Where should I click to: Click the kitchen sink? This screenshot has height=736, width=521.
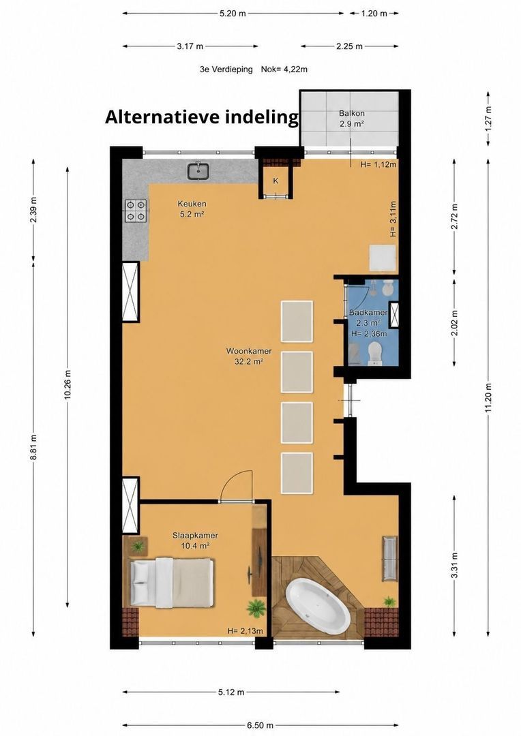[x=198, y=171]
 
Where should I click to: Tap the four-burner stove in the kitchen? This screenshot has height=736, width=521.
[x=136, y=211]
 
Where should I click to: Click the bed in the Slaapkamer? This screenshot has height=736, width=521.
[x=171, y=582]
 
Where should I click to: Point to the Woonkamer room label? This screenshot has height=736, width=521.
[x=248, y=356]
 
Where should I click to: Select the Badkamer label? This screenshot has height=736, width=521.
[x=368, y=313]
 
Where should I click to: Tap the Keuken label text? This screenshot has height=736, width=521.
[x=192, y=204]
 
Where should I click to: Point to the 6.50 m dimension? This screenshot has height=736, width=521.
[x=260, y=725]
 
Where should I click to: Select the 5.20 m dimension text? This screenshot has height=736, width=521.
[x=233, y=13]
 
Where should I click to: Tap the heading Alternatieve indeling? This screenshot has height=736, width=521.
[x=202, y=117]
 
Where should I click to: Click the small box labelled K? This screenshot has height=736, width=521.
[x=276, y=181]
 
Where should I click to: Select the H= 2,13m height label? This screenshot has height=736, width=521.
[x=245, y=631]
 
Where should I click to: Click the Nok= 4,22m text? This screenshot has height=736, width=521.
[x=284, y=70]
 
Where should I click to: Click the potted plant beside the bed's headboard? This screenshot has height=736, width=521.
[x=138, y=546]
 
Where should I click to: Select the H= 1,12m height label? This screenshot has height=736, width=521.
[x=378, y=164]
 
